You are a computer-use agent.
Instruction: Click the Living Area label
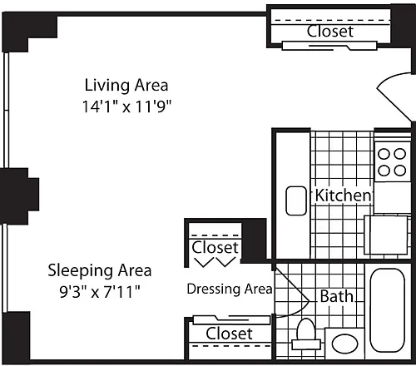(x=126, y=86)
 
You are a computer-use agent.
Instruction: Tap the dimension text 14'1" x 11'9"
(x=126, y=106)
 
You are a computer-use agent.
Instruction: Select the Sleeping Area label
(x=100, y=270)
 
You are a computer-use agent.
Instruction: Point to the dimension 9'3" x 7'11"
(x=100, y=292)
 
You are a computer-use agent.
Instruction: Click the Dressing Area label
(x=230, y=289)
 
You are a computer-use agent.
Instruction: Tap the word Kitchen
(x=343, y=195)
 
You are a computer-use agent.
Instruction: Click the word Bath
(x=337, y=296)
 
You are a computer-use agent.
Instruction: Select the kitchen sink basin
(x=296, y=200)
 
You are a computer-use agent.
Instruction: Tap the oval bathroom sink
(x=344, y=344)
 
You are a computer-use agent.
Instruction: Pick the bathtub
(x=388, y=310)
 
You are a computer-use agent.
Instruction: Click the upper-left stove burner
(x=384, y=154)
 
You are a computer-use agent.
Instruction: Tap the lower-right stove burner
(x=400, y=171)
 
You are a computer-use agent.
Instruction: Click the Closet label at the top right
(x=330, y=31)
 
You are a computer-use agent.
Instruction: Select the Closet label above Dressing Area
(x=215, y=247)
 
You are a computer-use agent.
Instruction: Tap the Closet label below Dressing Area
(x=229, y=334)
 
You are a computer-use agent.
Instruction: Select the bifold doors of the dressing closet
(x=215, y=262)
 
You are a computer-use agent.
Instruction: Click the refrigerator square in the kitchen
(x=386, y=235)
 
